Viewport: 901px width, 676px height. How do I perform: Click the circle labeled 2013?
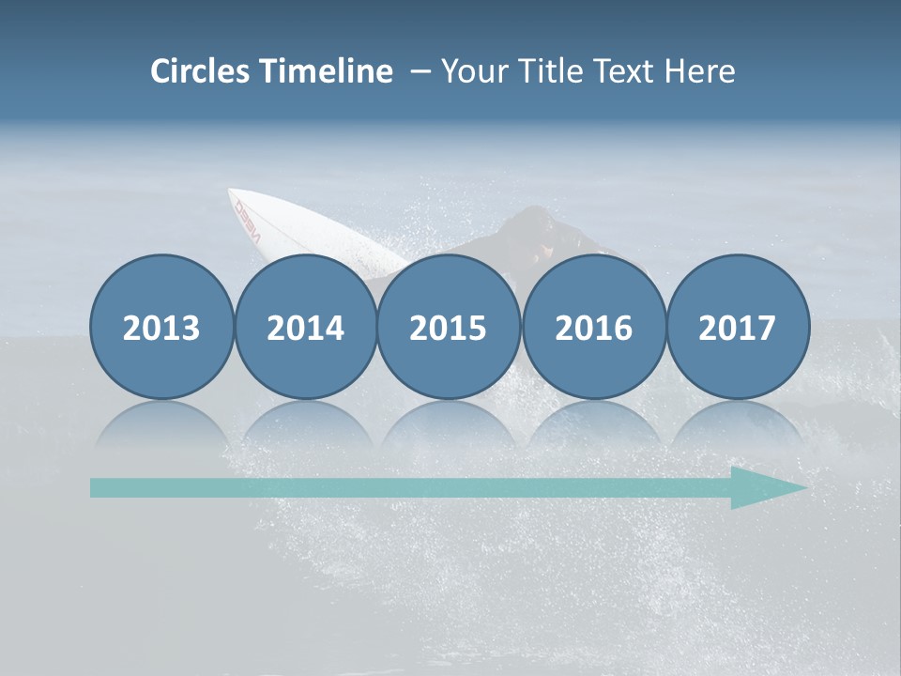(x=161, y=327)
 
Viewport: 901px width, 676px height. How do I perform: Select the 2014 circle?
(x=305, y=327)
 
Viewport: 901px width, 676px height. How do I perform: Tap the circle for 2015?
(x=449, y=327)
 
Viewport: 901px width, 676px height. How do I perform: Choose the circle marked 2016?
(x=593, y=327)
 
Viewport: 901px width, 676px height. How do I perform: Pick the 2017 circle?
(x=737, y=327)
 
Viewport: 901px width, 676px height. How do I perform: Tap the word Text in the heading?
(x=625, y=71)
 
